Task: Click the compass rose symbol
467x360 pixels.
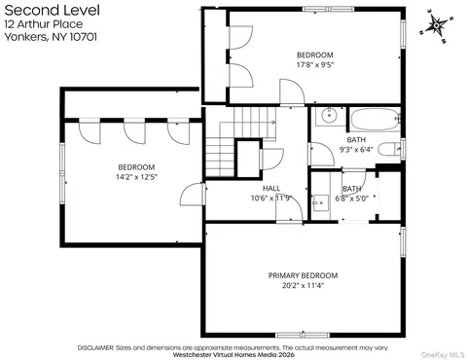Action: click(437, 25)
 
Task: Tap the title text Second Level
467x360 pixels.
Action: click(52, 11)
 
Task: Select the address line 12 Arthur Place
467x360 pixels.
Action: click(44, 24)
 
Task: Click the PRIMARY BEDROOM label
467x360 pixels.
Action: click(303, 275)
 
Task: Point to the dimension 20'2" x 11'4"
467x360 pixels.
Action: click(303, 285)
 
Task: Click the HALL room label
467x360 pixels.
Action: click(271, 188)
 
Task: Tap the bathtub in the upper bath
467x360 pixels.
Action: click(375, 119)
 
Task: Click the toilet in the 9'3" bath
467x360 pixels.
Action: click(390, 150)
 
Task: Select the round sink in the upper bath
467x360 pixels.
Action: click(330, 115)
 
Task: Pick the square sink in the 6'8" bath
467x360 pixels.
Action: click(320, 202)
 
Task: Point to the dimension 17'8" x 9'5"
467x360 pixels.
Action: click(315, 64)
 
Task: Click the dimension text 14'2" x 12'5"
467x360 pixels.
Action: click(136, 177)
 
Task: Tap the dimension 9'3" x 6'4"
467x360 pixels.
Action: click(356, 150)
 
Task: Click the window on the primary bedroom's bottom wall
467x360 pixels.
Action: click(303, 335)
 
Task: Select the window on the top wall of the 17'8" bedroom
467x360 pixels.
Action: click(329, 9)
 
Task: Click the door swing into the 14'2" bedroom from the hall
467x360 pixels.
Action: click(193, 194)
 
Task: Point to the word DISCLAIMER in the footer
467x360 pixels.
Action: click(95, 348)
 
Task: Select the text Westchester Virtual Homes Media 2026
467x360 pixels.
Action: click(233, 354)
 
